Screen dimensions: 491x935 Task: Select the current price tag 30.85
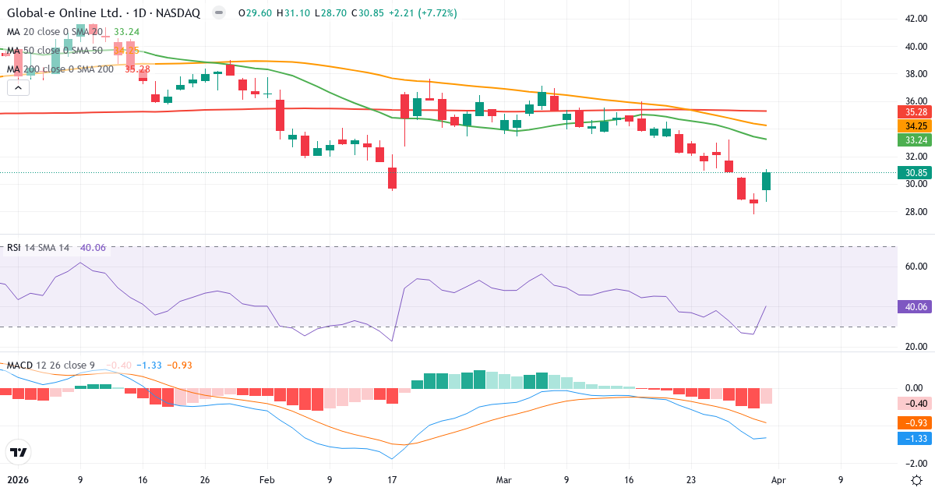coord(913,173)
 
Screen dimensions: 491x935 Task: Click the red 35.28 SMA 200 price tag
coord(913,111)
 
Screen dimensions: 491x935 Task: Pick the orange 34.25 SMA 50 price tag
coord(913,125)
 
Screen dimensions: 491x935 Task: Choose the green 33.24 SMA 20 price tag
coord(913,140)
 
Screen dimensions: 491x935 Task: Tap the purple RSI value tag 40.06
coord(913,306)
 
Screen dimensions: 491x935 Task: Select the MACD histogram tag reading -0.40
coord(913,403)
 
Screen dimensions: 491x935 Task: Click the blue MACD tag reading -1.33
coord(913,439)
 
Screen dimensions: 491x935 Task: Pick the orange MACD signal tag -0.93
coord(913,422)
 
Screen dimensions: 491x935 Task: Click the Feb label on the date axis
coord(267,479)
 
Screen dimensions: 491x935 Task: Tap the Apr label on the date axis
coord(778,479)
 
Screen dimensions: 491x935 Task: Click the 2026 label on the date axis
coord(17,479)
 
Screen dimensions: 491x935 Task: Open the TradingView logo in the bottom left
coord(18,452)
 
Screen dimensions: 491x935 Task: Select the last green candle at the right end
coord(766,181)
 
